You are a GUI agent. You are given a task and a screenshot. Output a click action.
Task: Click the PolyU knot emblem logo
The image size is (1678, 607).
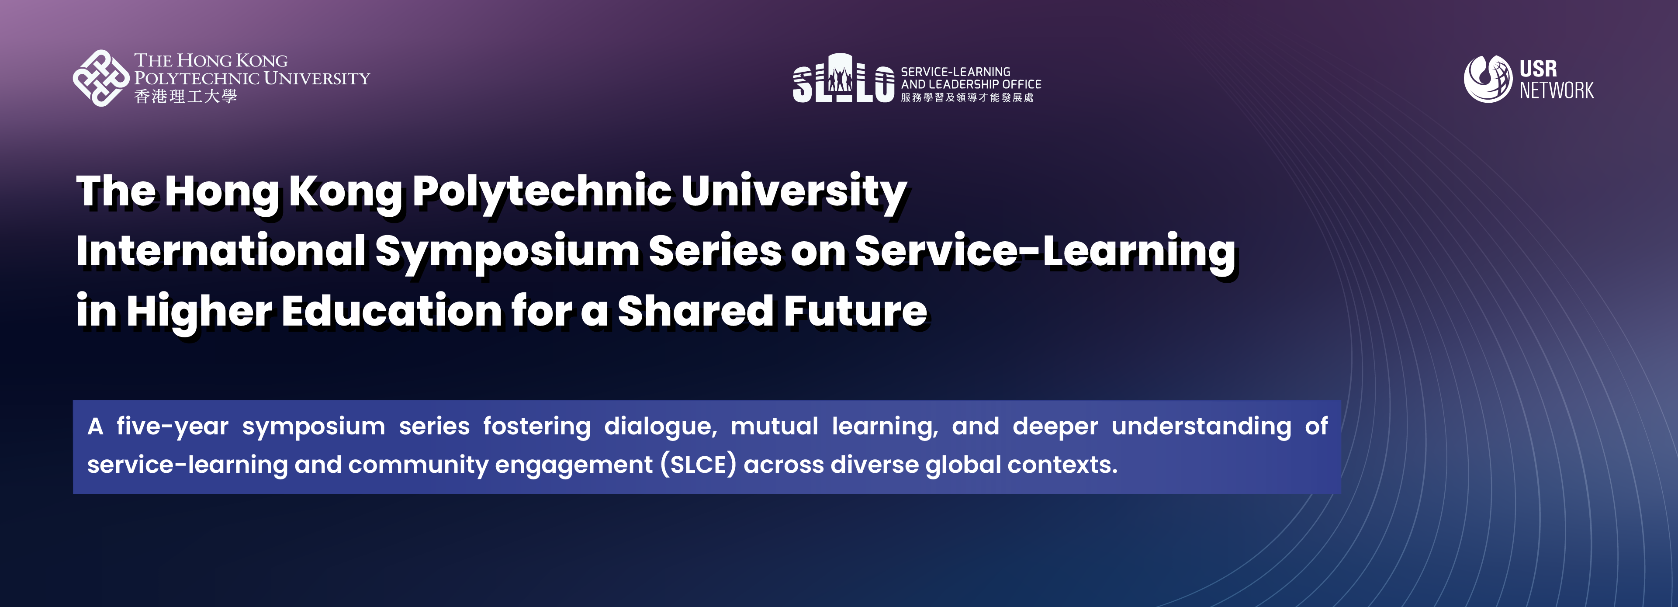[101, 78]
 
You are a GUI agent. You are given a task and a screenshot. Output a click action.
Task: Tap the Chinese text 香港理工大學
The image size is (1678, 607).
[186, 97]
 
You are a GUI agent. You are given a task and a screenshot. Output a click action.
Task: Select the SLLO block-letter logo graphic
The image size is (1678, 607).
[843, 78]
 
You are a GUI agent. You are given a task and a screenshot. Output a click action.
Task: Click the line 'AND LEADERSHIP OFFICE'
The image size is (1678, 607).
[971, 84]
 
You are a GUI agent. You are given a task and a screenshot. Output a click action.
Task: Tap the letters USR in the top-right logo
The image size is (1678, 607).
[1538, 68]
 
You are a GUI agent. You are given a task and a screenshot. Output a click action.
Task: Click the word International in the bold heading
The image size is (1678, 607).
[221, 251]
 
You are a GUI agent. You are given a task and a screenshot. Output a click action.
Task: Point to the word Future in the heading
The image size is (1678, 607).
[855, 311]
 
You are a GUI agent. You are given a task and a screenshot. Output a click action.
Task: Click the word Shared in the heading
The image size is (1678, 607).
[695, 311]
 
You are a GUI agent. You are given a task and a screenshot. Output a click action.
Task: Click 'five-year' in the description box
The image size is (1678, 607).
[173, 427]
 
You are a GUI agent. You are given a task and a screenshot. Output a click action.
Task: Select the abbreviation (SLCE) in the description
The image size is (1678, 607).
[698, 465]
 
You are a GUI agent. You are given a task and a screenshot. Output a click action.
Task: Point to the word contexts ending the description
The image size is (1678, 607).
[1062, 465]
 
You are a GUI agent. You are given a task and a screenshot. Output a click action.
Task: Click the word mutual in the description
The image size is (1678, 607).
[774, 426]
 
